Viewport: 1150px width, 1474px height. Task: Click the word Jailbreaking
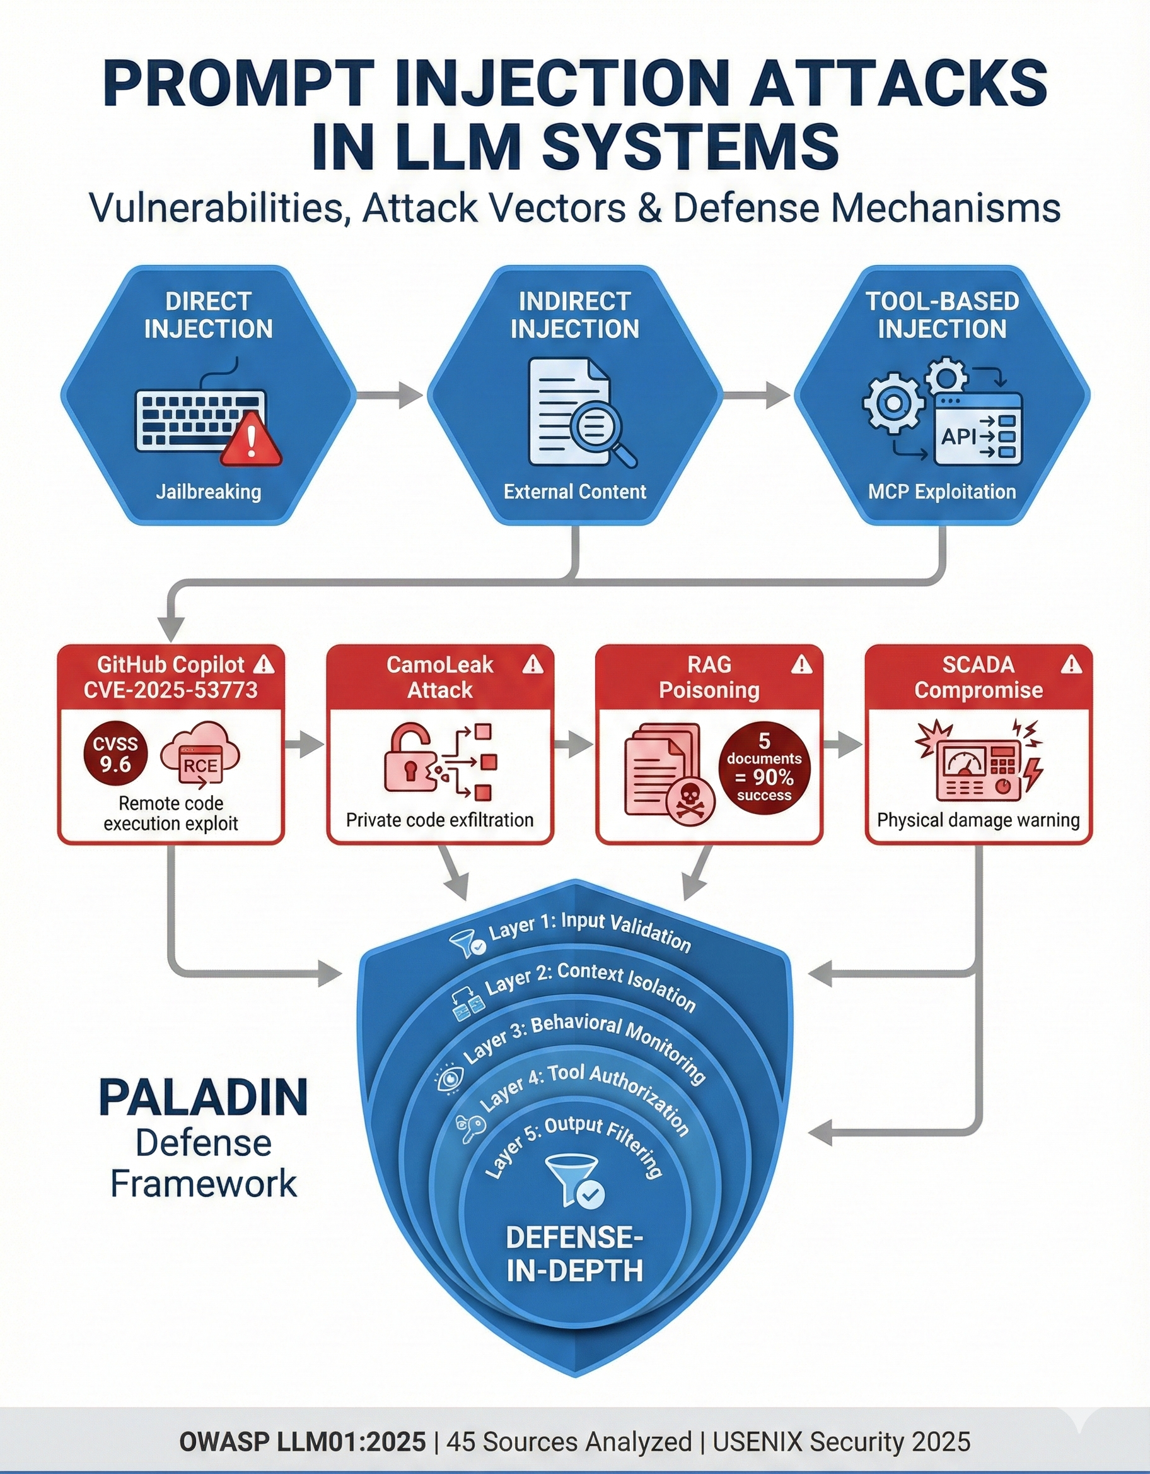(x=209, y=492)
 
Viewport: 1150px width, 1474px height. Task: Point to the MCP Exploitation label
(x=941, y=492)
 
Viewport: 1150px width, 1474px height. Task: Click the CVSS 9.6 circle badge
(x=115, y=755)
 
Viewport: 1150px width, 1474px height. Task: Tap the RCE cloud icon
(x=200, y=754)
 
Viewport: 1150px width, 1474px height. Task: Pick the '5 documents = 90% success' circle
(x=764, y=767)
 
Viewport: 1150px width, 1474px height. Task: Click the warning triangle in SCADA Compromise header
(x=1071, y=666)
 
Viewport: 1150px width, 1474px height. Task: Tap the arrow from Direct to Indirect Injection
(x=389, y=395)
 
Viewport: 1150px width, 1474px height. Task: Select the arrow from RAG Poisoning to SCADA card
(x=842, y=745)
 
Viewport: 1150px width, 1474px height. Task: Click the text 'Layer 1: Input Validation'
(x=590, y=931)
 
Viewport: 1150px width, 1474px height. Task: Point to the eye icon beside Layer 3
(x=449, y=1078)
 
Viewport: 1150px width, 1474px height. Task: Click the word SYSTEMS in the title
(x=692, y=144)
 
